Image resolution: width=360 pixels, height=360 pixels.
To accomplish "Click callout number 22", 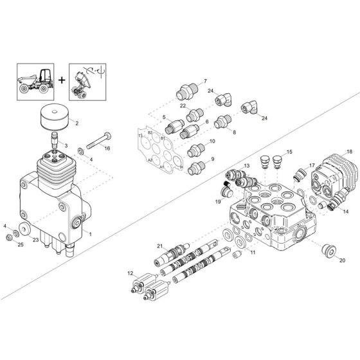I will tap(183, 105).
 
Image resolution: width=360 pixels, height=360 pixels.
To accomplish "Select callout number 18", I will tap(350, 152).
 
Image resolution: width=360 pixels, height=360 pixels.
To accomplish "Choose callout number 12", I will tap(130, 273).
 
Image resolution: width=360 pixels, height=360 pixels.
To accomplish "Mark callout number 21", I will tap(160, 245).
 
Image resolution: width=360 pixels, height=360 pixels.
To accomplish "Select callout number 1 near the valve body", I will tap(90, 234).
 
